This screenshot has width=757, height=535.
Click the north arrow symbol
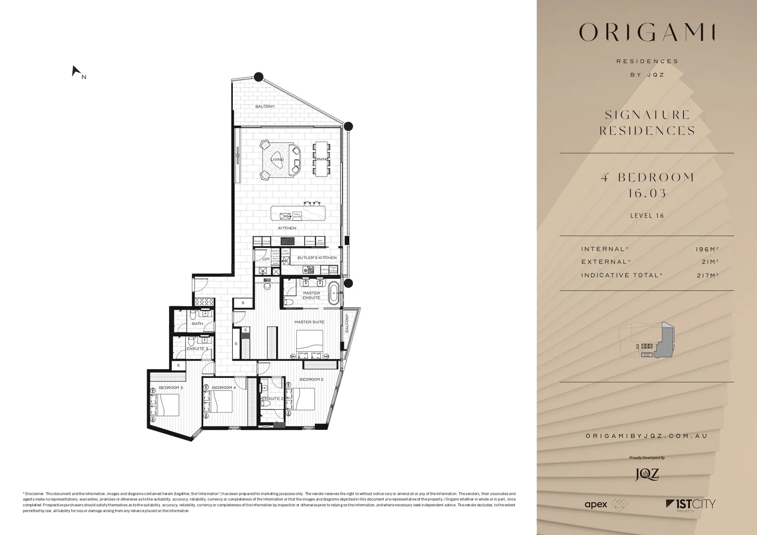click(76, 72)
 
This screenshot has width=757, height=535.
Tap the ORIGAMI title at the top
click(647, 33)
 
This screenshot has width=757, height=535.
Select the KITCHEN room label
click(287, 228)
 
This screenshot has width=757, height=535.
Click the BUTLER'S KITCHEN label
click(317, 258)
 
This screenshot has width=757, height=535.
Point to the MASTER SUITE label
click(309, 322)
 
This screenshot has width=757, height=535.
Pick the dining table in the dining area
click(321, 159)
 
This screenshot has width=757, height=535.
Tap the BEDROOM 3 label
click(170, 387)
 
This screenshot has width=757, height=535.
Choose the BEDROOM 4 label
click(223, 387)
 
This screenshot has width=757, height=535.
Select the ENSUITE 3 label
click(197, 349)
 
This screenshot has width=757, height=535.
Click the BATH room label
click(197, 323)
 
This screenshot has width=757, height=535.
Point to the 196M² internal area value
click(707, 249)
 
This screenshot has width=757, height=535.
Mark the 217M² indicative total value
click(707, 275)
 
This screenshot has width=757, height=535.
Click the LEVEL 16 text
click(647, 215)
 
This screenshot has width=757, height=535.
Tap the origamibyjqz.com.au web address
click(647, 436)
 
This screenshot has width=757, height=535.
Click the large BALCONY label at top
click(265, 107)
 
